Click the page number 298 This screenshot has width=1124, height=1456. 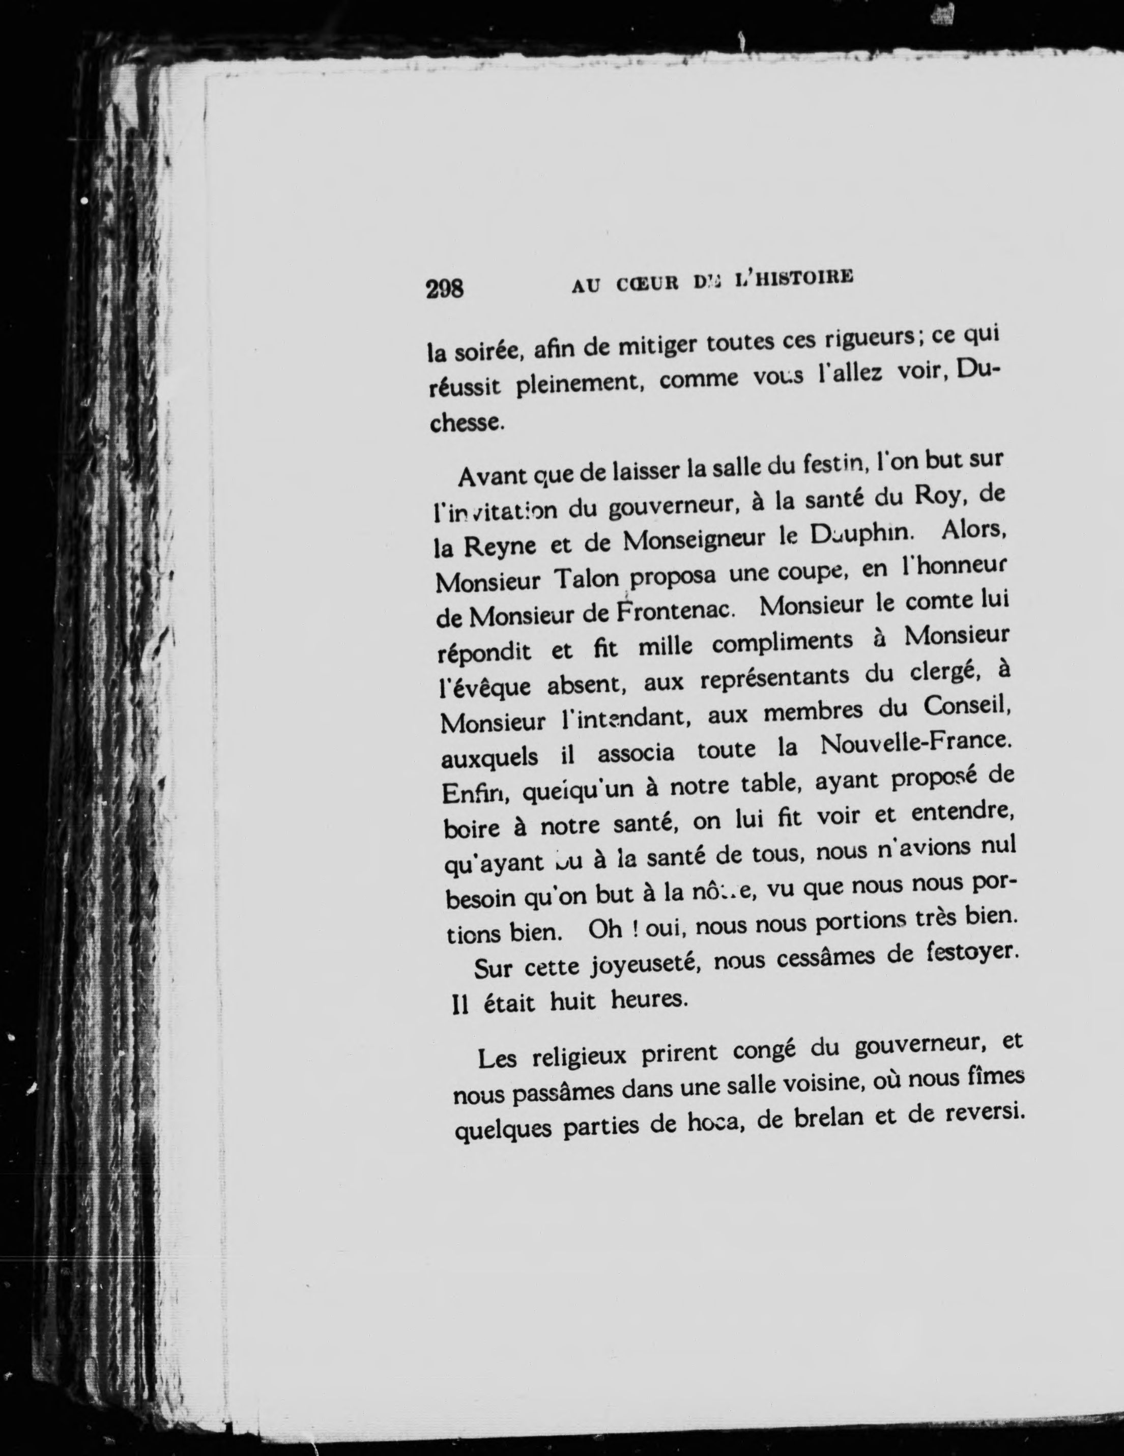(x=445, y=289)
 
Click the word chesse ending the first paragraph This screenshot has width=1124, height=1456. (x=464, y=423)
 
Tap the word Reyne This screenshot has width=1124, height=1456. (x=499, y=547)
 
